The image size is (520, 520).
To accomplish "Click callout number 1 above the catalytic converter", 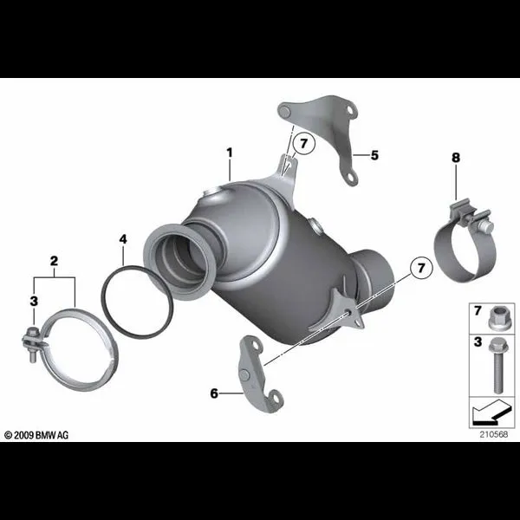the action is click(x=230, y=153).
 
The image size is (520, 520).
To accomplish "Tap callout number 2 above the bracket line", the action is click(x=54, y=261).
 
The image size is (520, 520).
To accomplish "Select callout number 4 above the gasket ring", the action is click(x=123, y=239).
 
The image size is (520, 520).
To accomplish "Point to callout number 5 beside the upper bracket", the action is click(x=374, y=155).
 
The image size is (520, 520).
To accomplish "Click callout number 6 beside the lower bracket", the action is click(x=214, y=393).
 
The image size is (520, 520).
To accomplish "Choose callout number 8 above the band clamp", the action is click(x=456, y=158).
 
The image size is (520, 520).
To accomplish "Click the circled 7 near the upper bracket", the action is click(x=304, y=144).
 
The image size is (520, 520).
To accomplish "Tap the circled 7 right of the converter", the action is click(x=421, y=268).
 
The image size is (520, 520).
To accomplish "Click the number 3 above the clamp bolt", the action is click(x=34, y=301).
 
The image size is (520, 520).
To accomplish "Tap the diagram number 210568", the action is click(x=494, y=434).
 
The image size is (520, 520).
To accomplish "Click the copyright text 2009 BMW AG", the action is click(x=36, y=435).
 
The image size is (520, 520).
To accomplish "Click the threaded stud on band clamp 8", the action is click(x=487, y=227).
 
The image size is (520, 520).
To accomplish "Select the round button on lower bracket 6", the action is click(x=244, y=374).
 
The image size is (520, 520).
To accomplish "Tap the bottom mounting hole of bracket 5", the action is click(x=351, y=178).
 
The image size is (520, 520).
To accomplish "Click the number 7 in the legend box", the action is click(x=478, y=311).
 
